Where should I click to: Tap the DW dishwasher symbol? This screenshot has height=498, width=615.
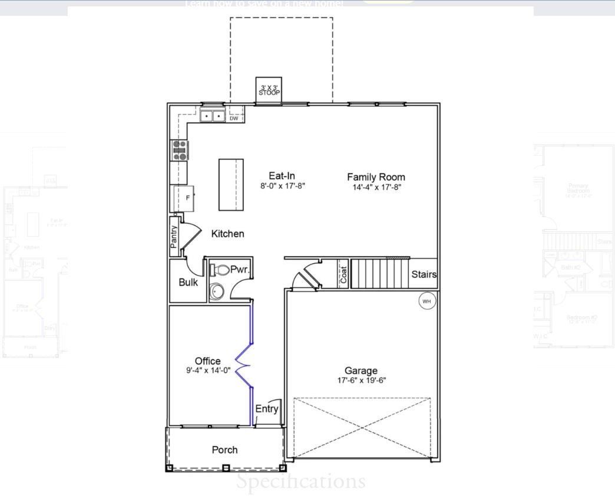tap(234, 118)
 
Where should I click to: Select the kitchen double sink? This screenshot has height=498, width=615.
tap(212, 116)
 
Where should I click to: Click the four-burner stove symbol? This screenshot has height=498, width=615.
tap(179, 150)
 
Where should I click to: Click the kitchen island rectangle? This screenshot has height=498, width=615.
tap(231, 184)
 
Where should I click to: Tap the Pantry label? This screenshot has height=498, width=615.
tap(174, 237)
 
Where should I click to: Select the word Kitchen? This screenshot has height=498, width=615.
tap(227, 234)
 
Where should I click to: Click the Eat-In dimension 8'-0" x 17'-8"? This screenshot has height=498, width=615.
tap(283, 186)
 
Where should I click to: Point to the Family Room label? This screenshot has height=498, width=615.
tap(376, 176)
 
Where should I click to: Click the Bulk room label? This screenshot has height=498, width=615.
tap(188, 282)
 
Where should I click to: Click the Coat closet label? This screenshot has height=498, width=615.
tap(343, 274)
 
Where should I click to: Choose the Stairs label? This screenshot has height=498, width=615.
tap(424, 274)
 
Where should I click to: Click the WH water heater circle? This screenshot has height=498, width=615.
tap(427, 302)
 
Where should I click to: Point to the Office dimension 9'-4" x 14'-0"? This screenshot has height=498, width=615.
tap(208, 371)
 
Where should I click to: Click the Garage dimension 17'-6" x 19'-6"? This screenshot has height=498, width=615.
tap(361, 381)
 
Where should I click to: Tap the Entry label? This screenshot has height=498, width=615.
tap(266, 408)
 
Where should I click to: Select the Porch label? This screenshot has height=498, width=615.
tap(224, 450)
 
